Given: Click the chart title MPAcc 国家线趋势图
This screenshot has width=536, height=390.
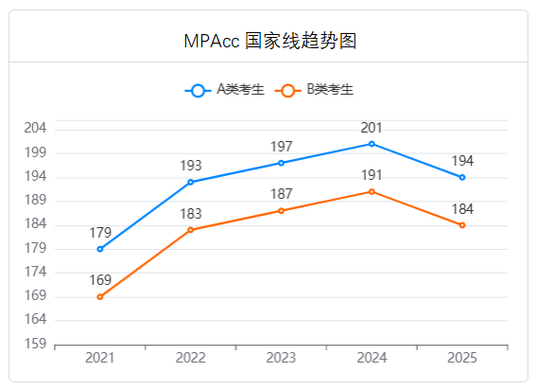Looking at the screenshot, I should tap(268, 41).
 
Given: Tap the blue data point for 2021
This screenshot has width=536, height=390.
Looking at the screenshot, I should tap(100, 249).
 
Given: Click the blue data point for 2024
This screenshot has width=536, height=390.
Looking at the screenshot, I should tap(372, 144).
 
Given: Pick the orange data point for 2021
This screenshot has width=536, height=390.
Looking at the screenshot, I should tap(100, 297).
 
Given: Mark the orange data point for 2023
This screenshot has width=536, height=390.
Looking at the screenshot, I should tap(281, 210).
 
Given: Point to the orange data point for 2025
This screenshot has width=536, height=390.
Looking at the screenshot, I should tap(462, 225).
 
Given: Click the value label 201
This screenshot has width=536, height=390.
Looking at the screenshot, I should tap(372, 128).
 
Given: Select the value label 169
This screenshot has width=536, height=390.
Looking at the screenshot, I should tap(100, 280).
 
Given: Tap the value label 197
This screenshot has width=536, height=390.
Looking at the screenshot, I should tap(281, 147).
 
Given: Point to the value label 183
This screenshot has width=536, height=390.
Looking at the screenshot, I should tap(191, 214).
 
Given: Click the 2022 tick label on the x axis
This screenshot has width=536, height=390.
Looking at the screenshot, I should tap(191, 358).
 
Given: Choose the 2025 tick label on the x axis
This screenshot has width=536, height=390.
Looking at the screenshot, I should tap(462, 358).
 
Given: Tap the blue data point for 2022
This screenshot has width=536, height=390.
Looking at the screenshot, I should tap(191, 182).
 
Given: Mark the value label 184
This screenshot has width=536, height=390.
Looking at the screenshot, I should tap(462, 208).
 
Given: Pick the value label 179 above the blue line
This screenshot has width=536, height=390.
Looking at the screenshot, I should tap(100, 233).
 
